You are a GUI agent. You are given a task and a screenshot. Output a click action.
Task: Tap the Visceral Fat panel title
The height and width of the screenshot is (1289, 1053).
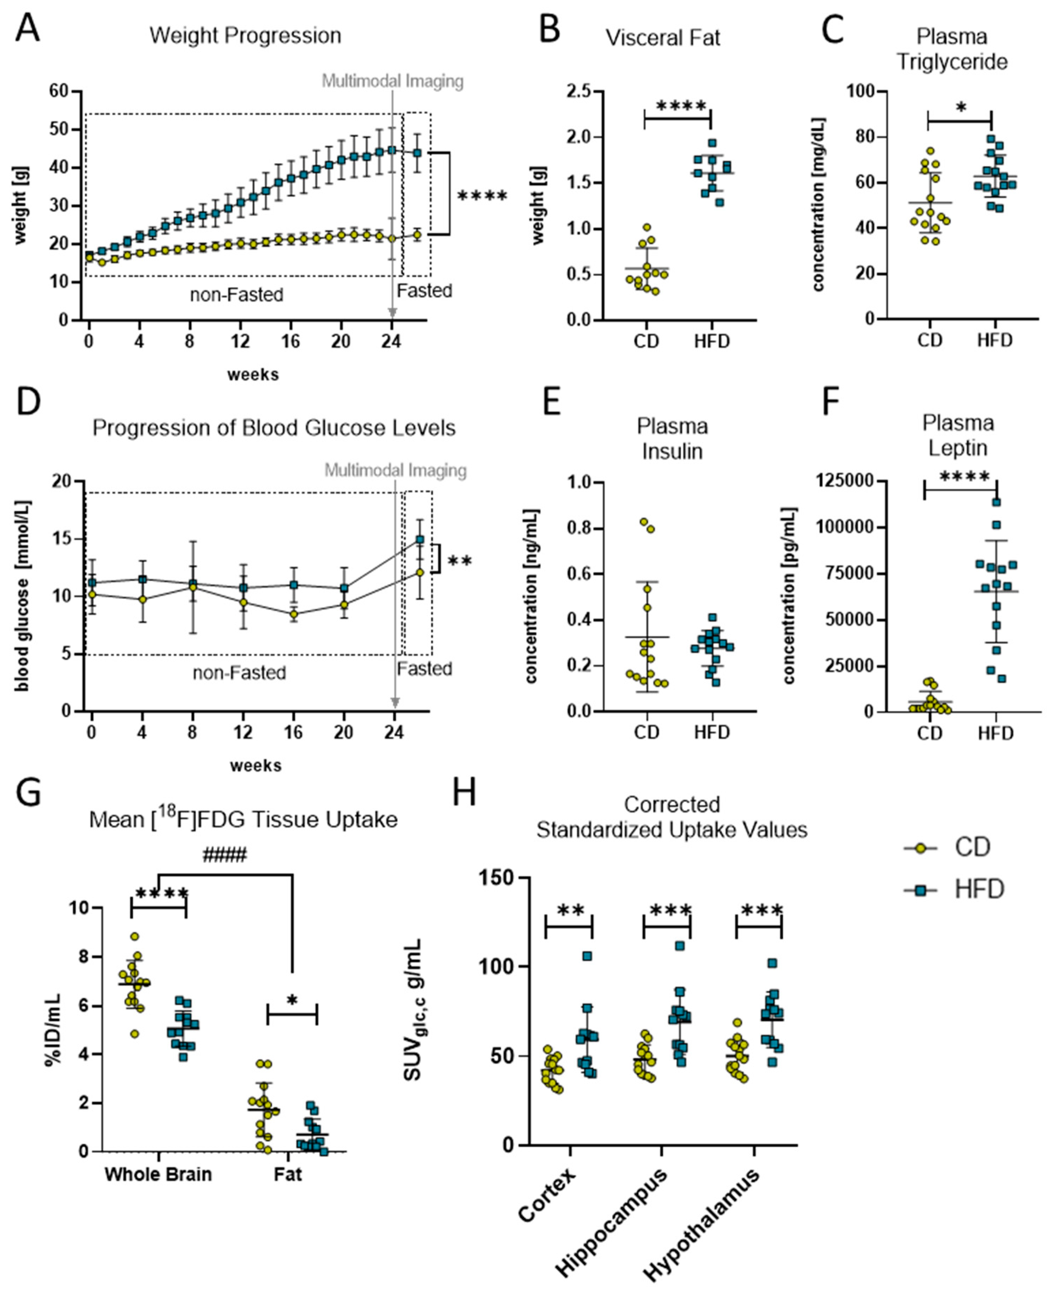click(663, 38)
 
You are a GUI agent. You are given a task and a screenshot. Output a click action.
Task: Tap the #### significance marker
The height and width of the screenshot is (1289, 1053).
click(225, 856)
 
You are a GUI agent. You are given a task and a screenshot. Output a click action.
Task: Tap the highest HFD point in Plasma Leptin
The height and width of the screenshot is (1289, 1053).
click(996, 502)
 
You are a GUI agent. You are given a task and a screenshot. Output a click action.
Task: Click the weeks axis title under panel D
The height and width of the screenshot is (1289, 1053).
click(255, 765)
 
